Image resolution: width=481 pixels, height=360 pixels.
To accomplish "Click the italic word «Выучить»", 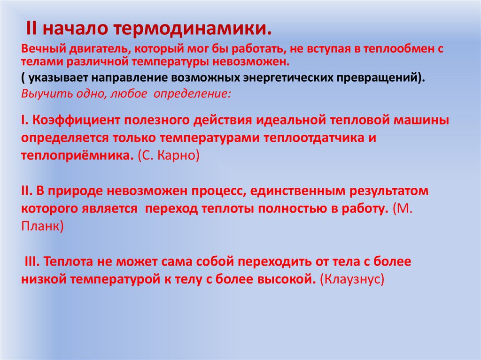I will point(41,93).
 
